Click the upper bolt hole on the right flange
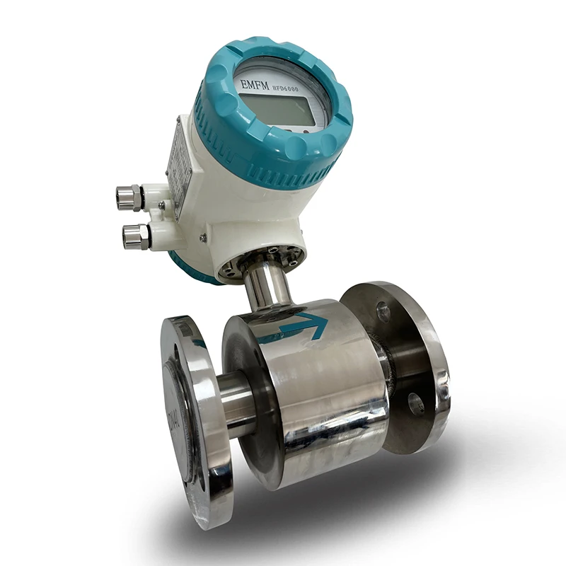pyautogui.click(x=383, y=311)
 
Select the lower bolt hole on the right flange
pyautogui.click(x=415, y=403)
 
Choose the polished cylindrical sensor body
pyautogui.click(x=311, y=396)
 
